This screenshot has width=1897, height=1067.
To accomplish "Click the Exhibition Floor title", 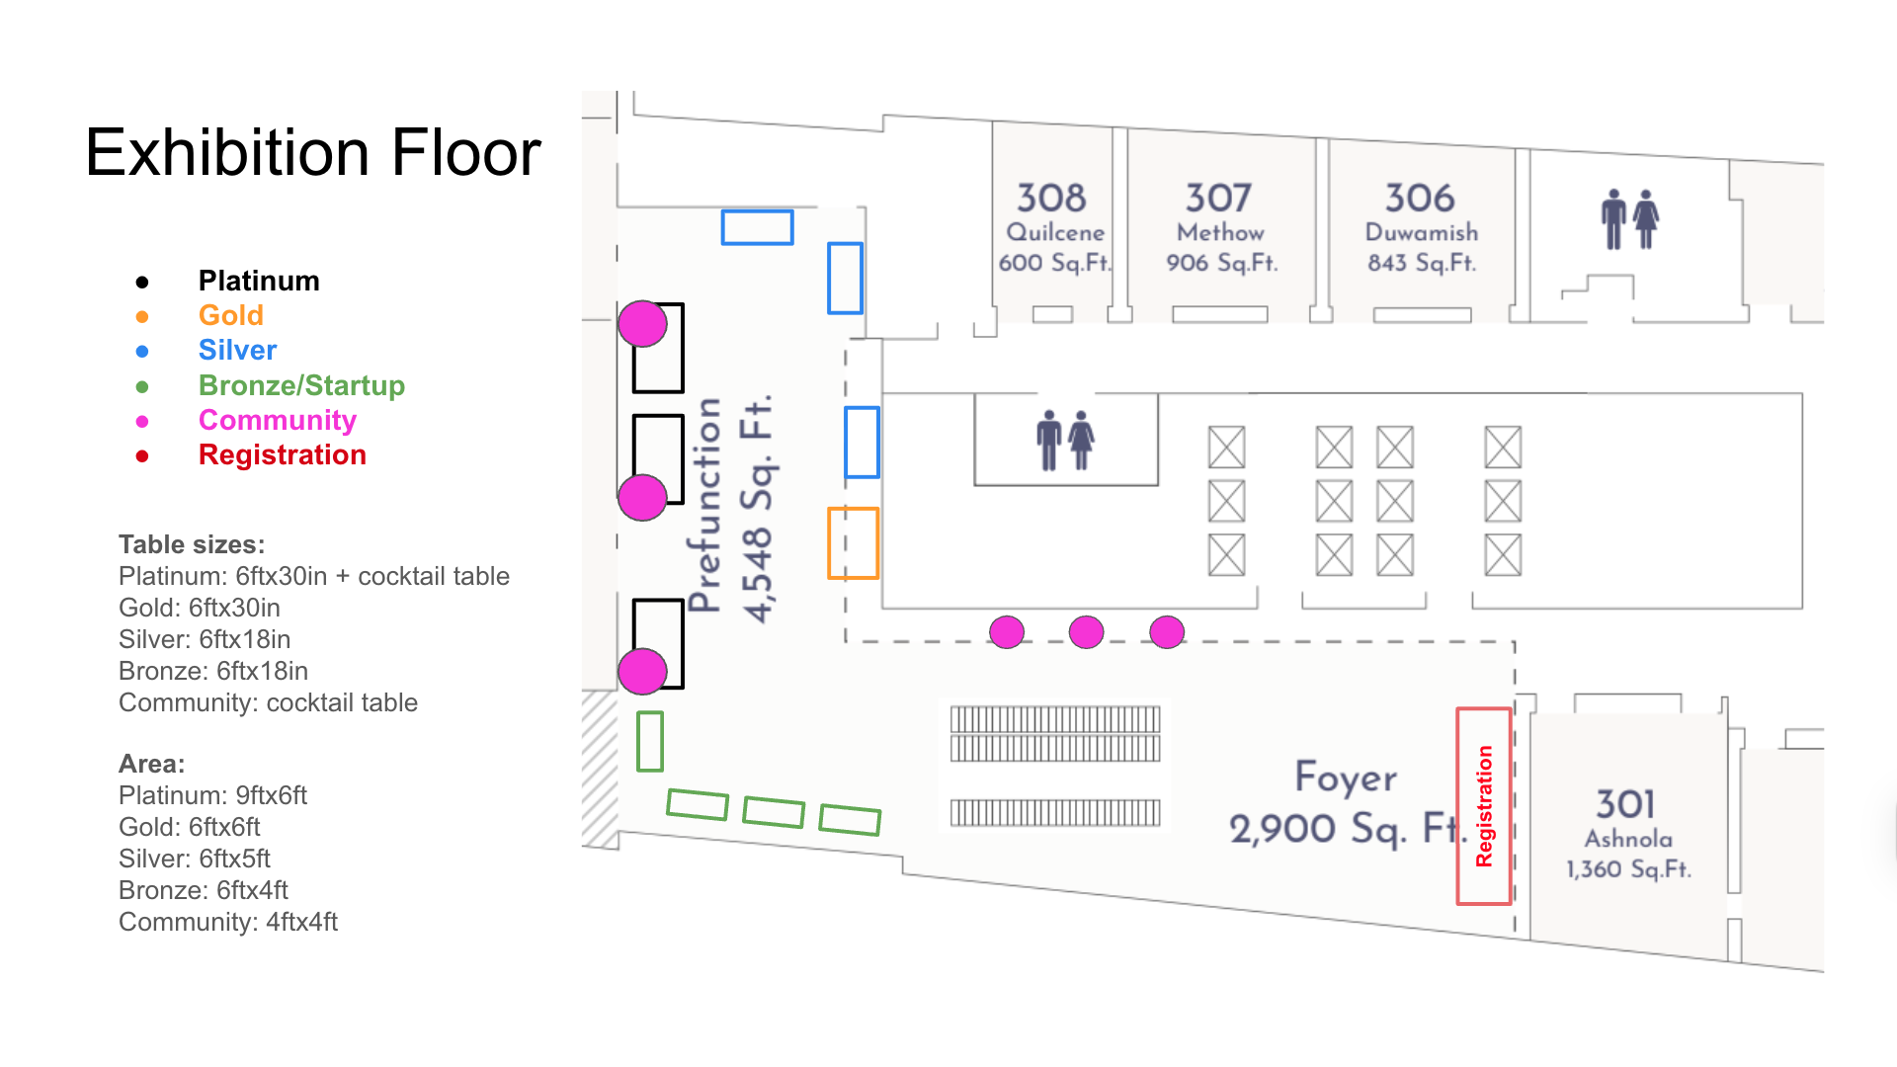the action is coord(313,153).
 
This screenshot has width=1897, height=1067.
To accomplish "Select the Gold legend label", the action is coord(231,315).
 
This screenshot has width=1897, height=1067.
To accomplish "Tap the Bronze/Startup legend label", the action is coord(301,385).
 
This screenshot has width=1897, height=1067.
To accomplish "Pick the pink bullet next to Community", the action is coord(142,421).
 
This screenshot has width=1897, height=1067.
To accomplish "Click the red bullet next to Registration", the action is coord(142,455).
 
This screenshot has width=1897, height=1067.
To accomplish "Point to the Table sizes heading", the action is coord(192,544).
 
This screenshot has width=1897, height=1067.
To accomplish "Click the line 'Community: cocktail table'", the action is coord(268,702).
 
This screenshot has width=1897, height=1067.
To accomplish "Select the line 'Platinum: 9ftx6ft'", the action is coord(212,795).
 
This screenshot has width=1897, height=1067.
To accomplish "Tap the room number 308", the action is coord(1051,198).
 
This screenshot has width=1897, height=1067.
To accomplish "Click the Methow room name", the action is coord(1220,232).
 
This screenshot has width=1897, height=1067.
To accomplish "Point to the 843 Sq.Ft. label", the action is coord(1422,263).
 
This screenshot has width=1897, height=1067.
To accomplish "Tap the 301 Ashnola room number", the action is coord(1625,804).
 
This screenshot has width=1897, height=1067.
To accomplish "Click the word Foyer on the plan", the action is coord(1346,778).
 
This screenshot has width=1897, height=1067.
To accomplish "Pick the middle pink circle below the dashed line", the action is coord(1087,632).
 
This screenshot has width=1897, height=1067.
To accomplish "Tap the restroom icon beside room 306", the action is coord(1629,219).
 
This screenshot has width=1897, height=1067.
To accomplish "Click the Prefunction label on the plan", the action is coord(704,505).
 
